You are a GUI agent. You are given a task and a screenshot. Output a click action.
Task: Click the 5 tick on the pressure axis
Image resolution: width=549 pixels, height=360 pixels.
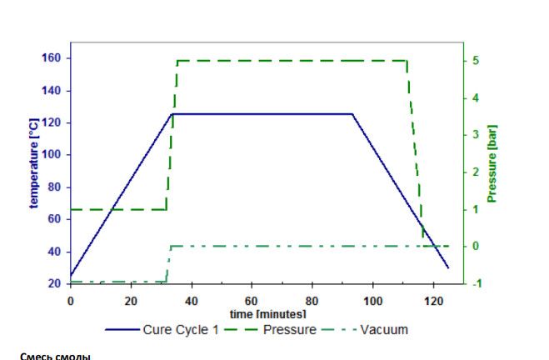474,61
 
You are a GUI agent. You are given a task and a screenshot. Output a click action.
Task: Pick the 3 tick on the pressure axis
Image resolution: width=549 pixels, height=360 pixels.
474,135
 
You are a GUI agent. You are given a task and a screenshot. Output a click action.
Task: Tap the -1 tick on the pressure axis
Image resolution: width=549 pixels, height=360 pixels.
473,283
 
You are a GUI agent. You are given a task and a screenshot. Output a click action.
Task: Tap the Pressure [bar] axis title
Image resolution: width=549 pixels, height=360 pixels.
492,163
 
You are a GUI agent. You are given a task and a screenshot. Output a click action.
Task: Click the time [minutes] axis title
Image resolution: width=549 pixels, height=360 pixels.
267,313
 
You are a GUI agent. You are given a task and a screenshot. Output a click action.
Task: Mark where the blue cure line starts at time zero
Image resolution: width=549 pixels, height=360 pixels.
71,276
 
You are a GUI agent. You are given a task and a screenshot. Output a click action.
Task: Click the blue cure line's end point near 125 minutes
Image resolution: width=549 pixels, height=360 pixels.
448,267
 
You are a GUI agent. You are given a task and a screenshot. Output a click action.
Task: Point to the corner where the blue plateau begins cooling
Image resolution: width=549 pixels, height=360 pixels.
352,113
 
